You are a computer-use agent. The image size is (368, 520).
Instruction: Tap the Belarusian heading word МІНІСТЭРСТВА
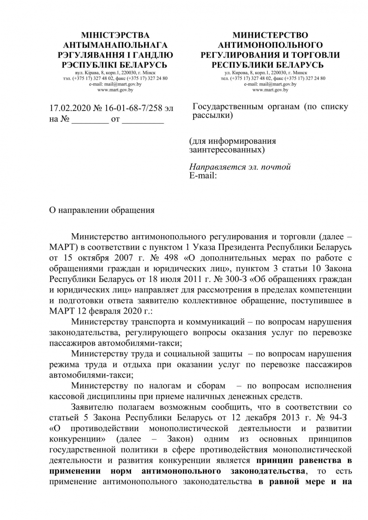pos(115,35)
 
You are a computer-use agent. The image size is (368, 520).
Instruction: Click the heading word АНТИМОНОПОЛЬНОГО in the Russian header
pos(270,45)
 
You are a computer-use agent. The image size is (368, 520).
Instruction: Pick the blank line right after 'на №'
pos(90,120)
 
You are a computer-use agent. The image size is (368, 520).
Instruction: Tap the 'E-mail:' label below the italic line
pos(203,175)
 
